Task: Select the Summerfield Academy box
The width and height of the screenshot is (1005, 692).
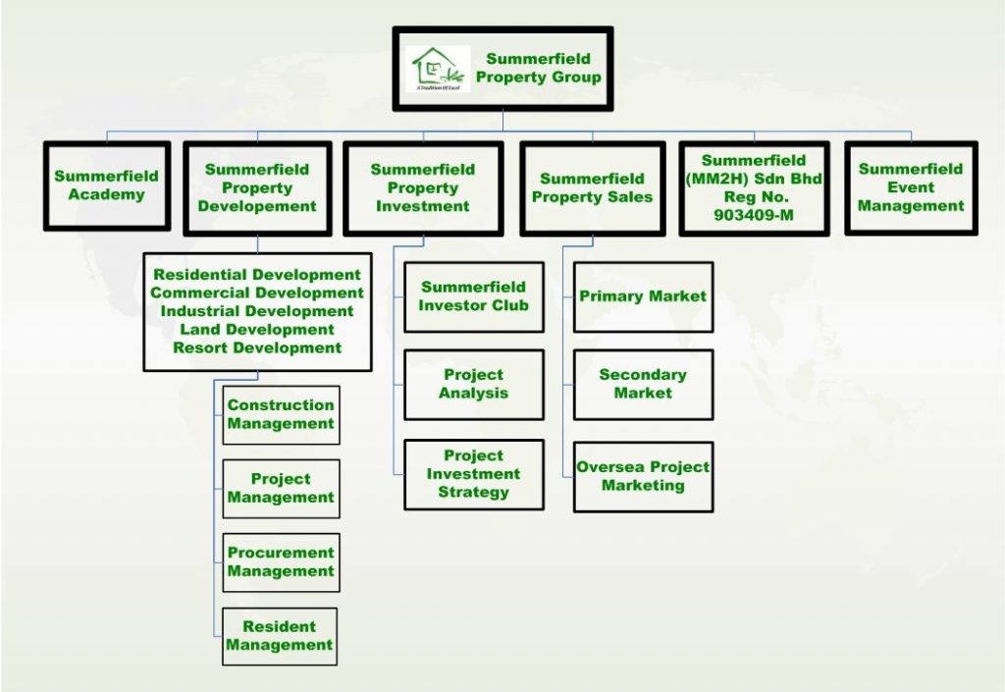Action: click(106, 186)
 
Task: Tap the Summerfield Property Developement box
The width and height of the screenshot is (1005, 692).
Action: click(257, 187)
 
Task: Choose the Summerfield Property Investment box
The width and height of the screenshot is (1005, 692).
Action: click(423, 187)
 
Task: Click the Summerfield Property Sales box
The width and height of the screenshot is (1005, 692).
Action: click(592, 187)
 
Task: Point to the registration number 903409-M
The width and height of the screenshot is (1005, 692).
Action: click(754, 216)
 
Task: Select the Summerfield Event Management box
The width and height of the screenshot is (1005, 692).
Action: click(911, 187)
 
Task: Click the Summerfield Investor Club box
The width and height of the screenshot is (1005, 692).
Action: click(474, 296)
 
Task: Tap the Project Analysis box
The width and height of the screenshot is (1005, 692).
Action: click(474, 384)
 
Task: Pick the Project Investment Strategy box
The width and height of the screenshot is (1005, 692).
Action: click(474, 474)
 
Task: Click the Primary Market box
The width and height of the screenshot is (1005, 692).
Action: click(643, 296)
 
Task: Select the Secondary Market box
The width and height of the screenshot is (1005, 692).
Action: click(643, 384)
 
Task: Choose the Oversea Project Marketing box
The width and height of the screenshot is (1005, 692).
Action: click(643, 476)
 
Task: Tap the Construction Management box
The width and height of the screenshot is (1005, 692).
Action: click(281, 414)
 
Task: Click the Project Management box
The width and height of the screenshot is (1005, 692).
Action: click(281, 488)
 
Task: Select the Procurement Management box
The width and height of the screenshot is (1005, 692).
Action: click(281, 562)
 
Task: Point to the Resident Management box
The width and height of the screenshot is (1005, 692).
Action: click(281, 636)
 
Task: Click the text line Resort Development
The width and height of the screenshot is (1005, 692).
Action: click(257, 347)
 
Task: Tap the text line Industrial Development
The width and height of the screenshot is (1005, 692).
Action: click(257, 311)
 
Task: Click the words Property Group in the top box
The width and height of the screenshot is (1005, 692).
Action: click(539, 78)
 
